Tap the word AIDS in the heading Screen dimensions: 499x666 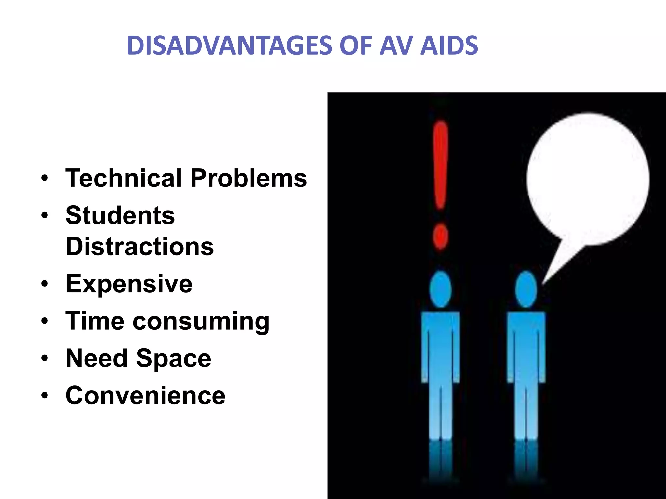[x=449, y=45]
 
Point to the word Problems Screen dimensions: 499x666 [x=249, y=178]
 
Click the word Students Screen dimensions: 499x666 [x=120, y=215]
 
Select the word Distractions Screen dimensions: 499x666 [x=140, y=246]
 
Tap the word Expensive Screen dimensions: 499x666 [x=129, y=284]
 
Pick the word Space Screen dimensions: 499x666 [x=174, y=358]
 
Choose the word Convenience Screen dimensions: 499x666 [x=145, y=395]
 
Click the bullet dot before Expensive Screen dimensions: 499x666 [x=45, y=284]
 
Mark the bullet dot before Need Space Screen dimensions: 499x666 [x=45, y=358]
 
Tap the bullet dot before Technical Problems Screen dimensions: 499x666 [x=45, y=178]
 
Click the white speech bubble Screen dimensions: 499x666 [x=588, y=179]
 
